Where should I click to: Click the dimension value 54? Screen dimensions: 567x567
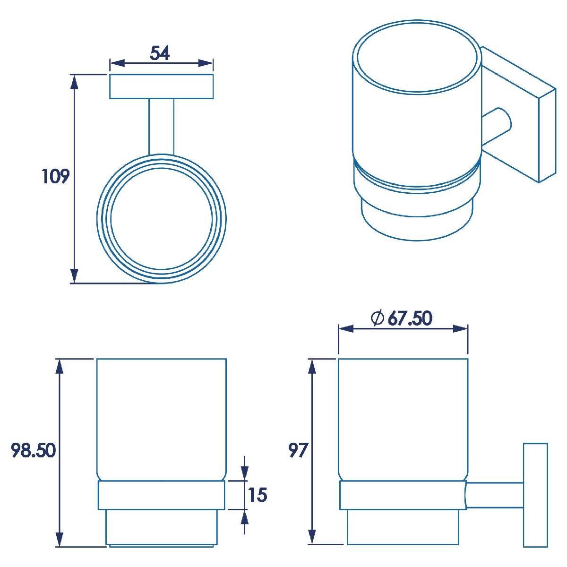point(160,53)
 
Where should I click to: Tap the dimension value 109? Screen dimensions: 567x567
point(55,177)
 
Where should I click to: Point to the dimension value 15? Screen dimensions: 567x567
point(258,495)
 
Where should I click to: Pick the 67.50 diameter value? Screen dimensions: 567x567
point(410,318)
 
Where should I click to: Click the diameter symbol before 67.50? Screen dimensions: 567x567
point(378,318)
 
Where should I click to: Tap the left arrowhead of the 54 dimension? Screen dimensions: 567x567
point(117,63)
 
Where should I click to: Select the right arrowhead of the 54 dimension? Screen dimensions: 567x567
point(206,63)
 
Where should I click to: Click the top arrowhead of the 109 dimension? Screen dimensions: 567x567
point(75,82)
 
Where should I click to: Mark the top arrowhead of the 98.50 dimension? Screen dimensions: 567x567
point(60,366)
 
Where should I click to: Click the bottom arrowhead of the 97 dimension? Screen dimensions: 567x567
point(312,537)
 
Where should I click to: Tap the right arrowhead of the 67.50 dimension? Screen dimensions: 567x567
point(460,329)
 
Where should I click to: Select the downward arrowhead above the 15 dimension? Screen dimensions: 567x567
point(244,473)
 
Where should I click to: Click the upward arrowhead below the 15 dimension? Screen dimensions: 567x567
point(244,517)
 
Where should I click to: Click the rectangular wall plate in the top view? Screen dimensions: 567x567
point(161,86)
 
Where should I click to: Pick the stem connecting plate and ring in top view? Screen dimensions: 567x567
point(161,127)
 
